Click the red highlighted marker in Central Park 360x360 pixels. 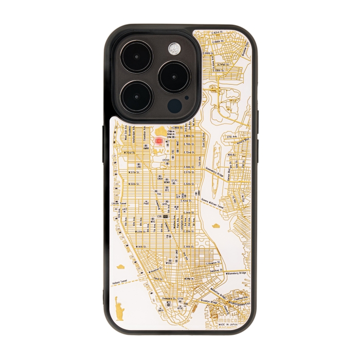tap(159, 140)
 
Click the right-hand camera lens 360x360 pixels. tap(174, 77)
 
